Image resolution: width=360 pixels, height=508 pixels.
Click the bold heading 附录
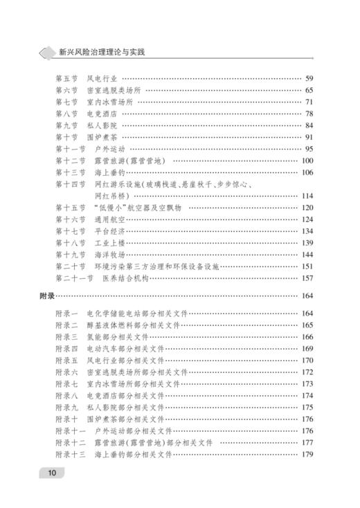[x=47, y=296]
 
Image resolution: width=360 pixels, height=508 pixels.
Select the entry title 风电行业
[x=102, y=78]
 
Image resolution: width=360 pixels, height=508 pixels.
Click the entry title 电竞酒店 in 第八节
[x=102, y=114]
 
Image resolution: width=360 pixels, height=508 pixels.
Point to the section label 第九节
[x=66, y=125]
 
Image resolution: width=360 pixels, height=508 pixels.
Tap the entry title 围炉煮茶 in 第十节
[x=102, y=137]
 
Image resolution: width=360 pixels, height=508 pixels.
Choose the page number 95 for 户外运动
[x=309, y=149]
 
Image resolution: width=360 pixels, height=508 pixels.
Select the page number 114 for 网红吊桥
[x=307, y=196]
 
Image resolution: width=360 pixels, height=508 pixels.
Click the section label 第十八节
[x=69, y=243]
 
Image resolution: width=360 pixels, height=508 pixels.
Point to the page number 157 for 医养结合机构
[x=307, y=278]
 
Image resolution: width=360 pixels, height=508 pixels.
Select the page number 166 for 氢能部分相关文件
[x=307, y=337]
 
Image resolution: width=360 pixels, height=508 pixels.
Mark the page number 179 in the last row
[x=307, y=454]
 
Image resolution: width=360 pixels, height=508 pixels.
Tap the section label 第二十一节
[x=72, y=278]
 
